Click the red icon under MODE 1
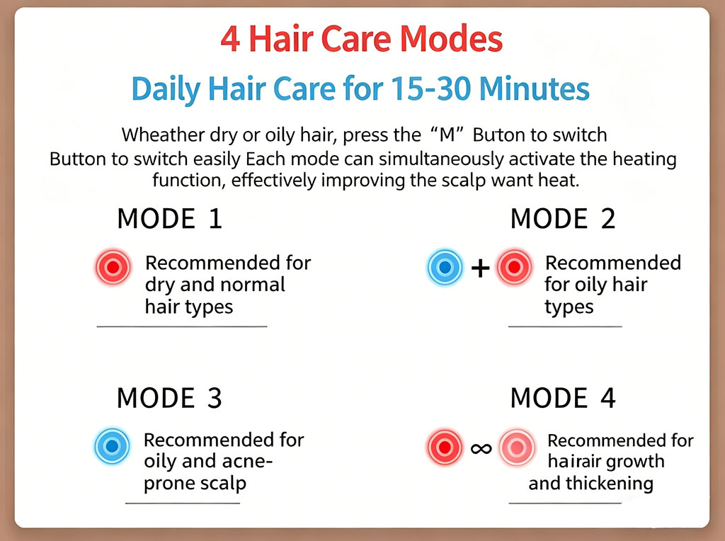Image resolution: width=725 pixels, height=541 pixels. click(x=113, y=267)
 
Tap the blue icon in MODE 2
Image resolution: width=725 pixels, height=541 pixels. click(x=445, y=267)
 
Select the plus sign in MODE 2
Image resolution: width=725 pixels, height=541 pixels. click(x=481, y=268)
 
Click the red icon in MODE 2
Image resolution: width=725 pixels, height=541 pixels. click(x=514, y=267)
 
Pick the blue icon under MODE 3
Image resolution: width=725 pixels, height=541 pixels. click(x=112, y=446)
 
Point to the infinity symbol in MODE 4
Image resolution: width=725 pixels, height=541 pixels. click(x=481, y=448)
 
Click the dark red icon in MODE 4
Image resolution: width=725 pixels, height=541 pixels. click(x=445, y=447)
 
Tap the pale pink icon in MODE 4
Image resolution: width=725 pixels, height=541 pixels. click(x=517, y=447)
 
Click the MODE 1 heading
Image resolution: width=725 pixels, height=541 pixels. click(x=170, y=219)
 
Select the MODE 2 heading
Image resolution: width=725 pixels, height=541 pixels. click(x=563, y=219)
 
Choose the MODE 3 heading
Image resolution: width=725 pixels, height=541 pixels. click(x=169, y=398)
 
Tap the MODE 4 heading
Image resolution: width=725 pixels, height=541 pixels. click(x=563, y=398)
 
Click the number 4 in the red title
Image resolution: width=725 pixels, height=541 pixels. click(x=230, y=39)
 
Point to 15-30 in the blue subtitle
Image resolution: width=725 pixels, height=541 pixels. click(x=431, y=89)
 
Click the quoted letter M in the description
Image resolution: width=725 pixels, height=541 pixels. click(x=447, y=135)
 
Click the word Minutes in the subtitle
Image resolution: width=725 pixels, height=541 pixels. click(x=534, y=89)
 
